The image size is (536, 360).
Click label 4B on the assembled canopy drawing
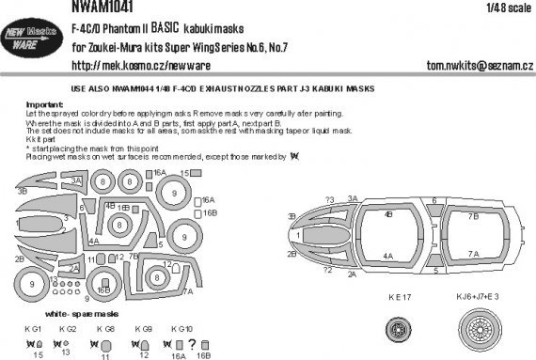point(387,213)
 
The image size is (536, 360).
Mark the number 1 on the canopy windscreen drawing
point(299,230)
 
